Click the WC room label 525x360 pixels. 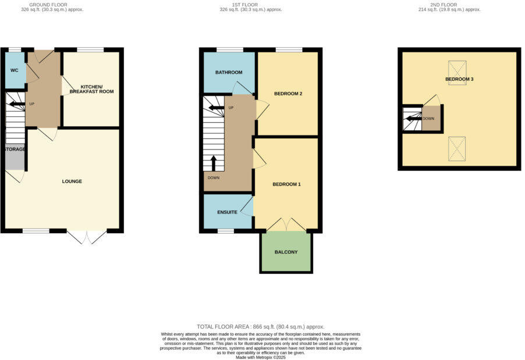(x=14, y=70)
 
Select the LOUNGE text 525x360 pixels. (x=72, y=181)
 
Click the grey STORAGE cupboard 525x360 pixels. (x=15, y=156)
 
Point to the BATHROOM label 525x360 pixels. (x=228, y=73)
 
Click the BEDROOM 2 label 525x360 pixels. (x=288, y=94)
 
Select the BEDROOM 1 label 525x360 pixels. (x=286, y=184)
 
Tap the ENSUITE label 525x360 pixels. (x=227, y=212)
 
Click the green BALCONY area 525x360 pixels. (x=286, y=252)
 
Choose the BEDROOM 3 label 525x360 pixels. (x=459, y=79)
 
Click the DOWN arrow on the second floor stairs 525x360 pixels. (x=412, y=119)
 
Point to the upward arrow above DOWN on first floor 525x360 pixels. (x=214, y=162)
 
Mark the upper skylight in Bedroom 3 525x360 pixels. (x=457, y=73)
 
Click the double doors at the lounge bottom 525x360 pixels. (x=87, y=237)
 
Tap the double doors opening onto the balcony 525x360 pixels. (x=286, y=225)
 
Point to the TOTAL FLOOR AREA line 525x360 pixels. (x=261, y=327)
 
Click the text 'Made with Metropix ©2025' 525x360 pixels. (x=261, y=357)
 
